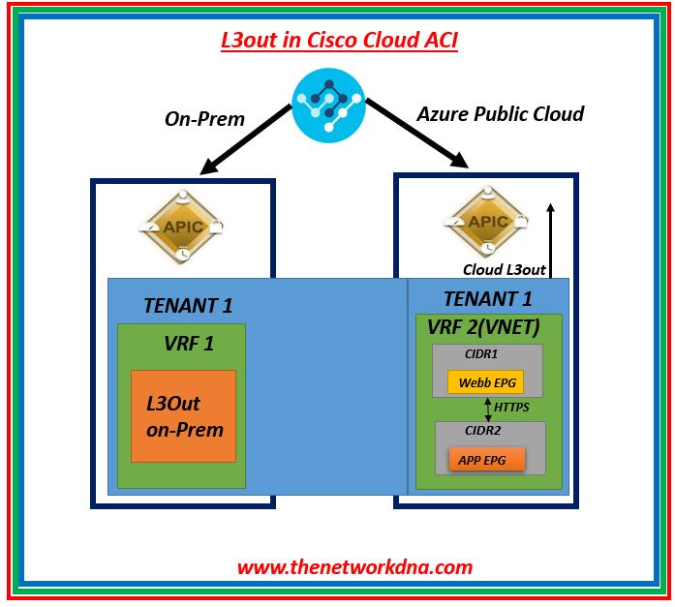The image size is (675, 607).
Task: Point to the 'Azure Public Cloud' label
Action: tap(500, 114)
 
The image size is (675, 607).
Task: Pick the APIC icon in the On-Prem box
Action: tap(182, 227)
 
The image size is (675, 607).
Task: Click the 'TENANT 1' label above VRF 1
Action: tap(188, 306)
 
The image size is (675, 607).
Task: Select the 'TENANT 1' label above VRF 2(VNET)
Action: tap(488, 299)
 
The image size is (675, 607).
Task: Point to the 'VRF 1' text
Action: tap(189, 343)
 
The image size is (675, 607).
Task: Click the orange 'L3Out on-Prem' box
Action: tap(184, 415)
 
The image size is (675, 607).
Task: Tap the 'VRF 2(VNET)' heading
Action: tap(482, 327)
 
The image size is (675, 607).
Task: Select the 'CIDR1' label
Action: tap(481, 354)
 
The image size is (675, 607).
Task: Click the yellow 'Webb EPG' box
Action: tap(485, 381)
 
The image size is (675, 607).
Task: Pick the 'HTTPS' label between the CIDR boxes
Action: tap(512, 408)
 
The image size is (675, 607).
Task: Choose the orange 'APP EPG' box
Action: tap(486, 457)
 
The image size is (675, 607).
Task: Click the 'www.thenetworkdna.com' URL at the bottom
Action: tap(354, 567)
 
